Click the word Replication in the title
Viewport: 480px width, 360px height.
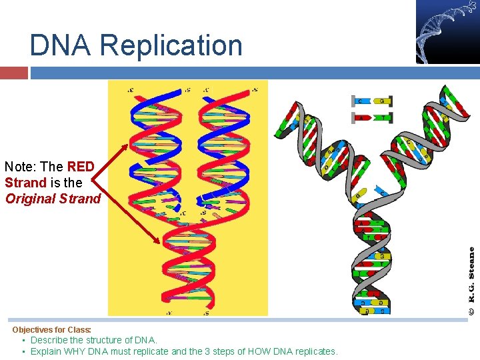point(173,45)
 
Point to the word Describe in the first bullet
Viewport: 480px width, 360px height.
point(50,340)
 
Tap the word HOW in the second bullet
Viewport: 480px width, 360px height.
point(257,351)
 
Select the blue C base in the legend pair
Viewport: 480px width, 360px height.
point(361,101)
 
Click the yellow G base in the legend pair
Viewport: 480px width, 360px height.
point(382,101)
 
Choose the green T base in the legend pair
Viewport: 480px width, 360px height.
point(382,118)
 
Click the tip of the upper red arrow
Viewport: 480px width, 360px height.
point(128,145)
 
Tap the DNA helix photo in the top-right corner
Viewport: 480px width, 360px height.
point(447,31)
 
